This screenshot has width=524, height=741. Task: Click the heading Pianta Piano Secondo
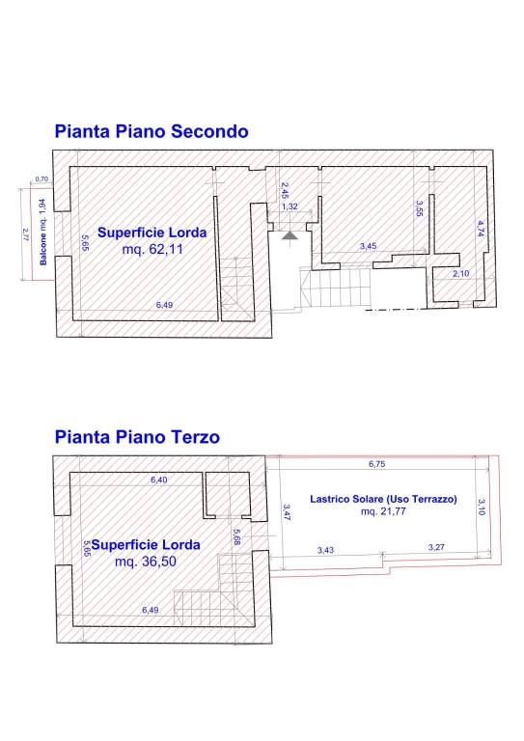point(152,131)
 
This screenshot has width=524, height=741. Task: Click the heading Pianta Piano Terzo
point(137,437)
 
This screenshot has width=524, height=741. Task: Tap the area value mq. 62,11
point(152,249)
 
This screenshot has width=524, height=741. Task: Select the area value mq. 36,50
point(146,562)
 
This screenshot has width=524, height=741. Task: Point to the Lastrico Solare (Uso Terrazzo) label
point(383,499)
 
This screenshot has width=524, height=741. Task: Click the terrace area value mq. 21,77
point(383,510)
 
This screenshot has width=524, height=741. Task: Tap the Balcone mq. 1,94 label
point(43,232)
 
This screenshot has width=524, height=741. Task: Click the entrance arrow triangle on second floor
point(289,235)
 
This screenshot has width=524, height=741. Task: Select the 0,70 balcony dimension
point(41,179)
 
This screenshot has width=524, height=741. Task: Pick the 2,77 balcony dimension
point(25,234)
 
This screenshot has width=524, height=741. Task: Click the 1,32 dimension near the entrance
point(290,206)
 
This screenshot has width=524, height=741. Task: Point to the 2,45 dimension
point(285,190)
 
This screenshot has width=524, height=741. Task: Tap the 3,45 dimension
point(368,246)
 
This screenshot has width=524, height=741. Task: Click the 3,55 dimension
point(419,208)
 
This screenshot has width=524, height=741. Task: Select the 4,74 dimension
point(481,229)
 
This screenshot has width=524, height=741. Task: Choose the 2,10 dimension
point(460,273)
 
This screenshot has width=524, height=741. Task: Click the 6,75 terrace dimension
point(377,464)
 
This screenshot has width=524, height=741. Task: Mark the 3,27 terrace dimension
point(436,547)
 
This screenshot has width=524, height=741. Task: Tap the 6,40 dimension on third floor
point(159,480)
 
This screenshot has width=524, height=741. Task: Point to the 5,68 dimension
point(236,536)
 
